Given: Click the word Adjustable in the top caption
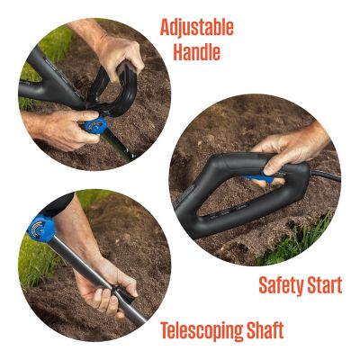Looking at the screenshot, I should [196, 27].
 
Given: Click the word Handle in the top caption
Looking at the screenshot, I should [196, 52].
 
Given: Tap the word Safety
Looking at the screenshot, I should [280, 286].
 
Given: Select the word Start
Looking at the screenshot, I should [323, 286].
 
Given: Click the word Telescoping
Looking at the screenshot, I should [202, 329].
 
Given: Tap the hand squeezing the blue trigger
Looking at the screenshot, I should [288, 148].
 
